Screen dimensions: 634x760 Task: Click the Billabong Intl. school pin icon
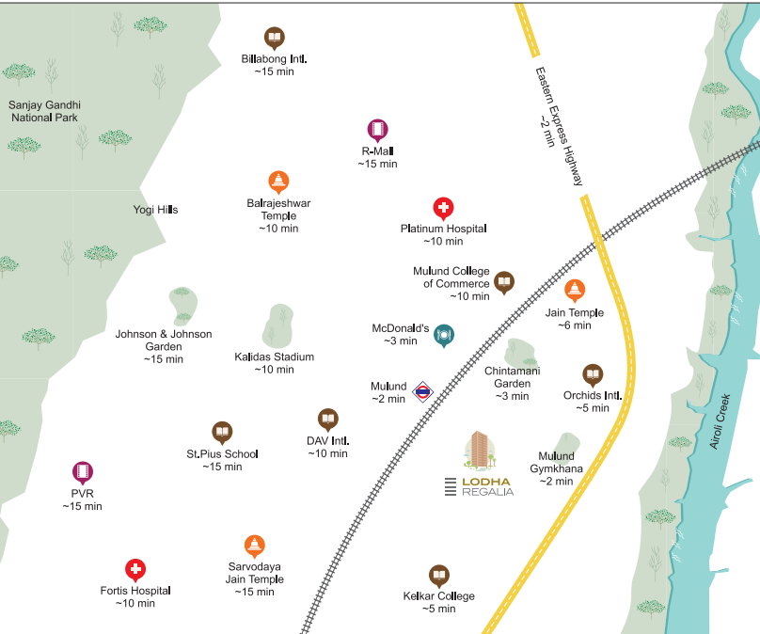tap(274, 39)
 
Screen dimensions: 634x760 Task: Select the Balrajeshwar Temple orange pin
tap(278, 182)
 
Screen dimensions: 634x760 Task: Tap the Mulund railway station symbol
tap(422, 390)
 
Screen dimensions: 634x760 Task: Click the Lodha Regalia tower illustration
tap(480, 452)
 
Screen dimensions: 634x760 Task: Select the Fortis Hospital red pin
tap(135, 570)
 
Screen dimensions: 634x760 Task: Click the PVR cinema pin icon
tap(83, 472)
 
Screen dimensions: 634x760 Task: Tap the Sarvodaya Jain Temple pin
tap(254, 546)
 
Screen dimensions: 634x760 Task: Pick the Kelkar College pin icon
tap(438, 576)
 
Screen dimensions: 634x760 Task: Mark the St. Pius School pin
tap(222, 433)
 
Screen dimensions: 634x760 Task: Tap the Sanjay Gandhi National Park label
tap(43, 111)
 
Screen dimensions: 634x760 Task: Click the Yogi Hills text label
tap(155, 210)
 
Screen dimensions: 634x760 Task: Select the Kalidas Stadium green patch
tap(278, 325)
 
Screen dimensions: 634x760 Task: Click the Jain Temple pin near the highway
tap(575, 291)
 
